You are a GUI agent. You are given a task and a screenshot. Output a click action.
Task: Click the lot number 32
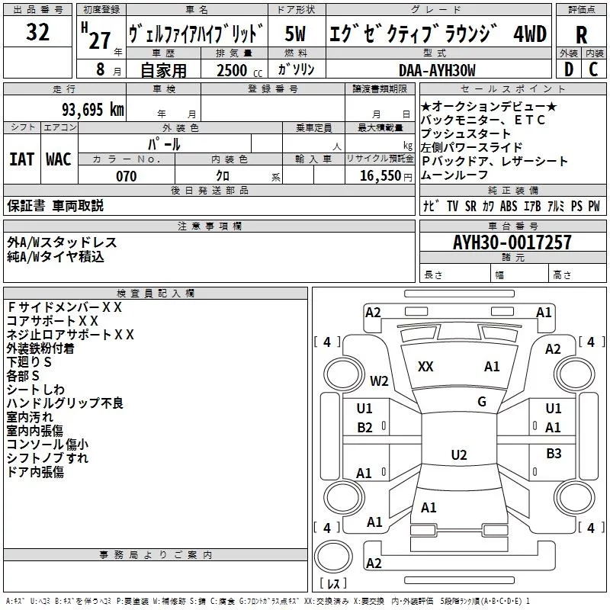point(37,34)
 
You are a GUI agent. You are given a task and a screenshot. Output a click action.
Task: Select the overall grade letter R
point(581,34)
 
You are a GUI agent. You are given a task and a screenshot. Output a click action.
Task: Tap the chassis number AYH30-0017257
point(512,242)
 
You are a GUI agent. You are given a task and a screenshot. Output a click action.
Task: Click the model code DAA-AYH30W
point(437,70)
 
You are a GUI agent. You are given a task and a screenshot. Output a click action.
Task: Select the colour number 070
point(126,176)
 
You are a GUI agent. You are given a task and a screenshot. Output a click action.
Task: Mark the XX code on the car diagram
point(425,367)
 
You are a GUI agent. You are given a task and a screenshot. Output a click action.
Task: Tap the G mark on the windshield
point(482,402)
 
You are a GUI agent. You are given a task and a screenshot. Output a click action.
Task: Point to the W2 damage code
point(379,380)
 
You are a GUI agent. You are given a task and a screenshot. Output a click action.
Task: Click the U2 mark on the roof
point(458,455)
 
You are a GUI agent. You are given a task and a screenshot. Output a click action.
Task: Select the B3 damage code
point(554,454)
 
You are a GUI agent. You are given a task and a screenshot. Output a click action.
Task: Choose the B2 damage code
point(365,428)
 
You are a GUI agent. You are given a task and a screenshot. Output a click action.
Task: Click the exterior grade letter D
point(568,70)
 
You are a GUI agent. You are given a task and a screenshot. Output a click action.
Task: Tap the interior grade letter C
point(594,70)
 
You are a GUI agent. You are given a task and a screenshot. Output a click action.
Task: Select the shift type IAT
point(21,159)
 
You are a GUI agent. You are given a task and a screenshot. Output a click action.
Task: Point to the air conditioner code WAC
point(58,159)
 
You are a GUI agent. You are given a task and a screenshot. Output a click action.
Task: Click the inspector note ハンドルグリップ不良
point(65,403)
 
